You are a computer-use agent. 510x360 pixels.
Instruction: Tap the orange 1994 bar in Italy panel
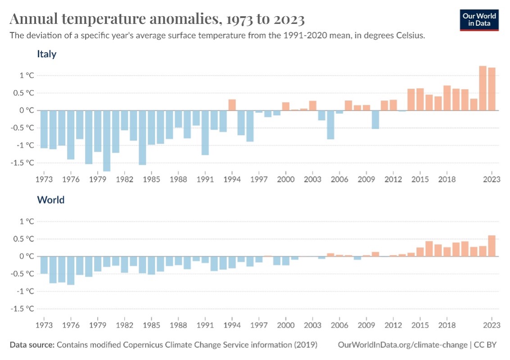click(x=232, y=105)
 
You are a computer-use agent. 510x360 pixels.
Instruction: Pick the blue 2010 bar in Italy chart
click(x=375, y=119)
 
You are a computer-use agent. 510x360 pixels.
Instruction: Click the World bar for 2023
click(x=492, y=246)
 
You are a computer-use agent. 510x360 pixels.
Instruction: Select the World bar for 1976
click(x=71, y=270)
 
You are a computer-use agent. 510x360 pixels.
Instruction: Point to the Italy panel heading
click(x=46, y=54)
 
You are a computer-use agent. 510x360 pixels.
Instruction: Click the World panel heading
click(x=50, y=200)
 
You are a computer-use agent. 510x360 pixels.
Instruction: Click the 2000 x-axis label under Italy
click(x=285, y=179)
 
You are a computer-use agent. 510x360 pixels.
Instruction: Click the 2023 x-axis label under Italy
click(x=492, y=179)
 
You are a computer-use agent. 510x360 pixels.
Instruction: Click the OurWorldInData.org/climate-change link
click(x=402, y=345)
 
